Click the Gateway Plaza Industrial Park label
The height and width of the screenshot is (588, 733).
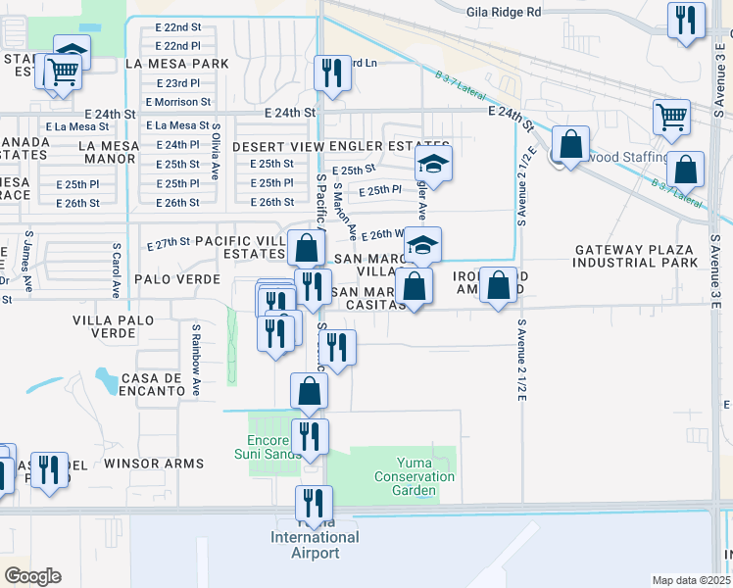(x=636, y=256)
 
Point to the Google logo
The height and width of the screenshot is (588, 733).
(x=32, y=576)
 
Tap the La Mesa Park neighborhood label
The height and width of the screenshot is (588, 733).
(x=176, y=64)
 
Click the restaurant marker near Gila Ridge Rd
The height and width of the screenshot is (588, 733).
(x=686, y=20)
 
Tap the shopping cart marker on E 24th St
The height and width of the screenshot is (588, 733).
(x=671, y=117)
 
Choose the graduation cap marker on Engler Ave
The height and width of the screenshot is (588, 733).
(x=433, y=163)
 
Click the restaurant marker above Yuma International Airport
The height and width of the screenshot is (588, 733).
(x=314, y=504)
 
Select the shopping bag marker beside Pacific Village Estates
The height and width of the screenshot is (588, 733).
(x=307, y=247)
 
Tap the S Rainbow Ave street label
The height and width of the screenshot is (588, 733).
(x=196, y=362)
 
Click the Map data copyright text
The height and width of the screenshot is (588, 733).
(x=690, y=580)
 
